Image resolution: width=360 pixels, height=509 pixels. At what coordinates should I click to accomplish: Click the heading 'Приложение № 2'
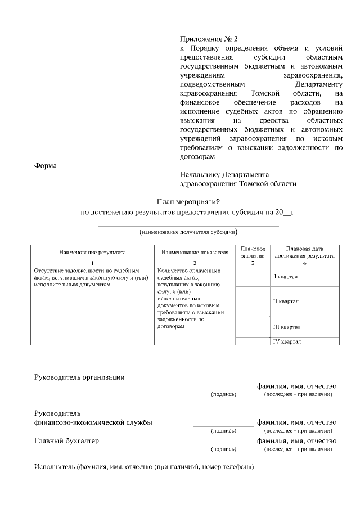point(209,39)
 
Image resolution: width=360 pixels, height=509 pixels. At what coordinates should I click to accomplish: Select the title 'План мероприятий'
point(188,201)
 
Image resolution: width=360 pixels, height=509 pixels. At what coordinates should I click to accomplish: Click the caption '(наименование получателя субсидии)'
point(188,232)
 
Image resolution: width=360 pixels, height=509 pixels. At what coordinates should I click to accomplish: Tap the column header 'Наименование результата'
point(92,253)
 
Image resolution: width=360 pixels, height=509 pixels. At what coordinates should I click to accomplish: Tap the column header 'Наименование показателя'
point(194,253)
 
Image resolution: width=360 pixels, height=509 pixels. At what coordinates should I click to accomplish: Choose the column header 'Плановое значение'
point(253,252)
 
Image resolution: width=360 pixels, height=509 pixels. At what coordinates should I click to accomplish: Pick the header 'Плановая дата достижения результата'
point(304,252)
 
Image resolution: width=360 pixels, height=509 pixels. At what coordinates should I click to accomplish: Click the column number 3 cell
point(253,263)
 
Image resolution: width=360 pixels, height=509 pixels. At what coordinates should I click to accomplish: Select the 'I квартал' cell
point(286,277)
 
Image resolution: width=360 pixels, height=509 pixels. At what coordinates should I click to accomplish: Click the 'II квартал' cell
point(286,301)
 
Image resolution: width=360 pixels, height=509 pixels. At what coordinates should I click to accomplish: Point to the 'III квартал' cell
point(287,326)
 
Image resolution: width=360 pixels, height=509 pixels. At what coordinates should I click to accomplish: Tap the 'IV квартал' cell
point(287,341)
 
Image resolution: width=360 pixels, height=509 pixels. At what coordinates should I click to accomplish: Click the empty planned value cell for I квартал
point(253,276)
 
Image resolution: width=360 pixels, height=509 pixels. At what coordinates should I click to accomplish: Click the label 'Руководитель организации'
point(79,377)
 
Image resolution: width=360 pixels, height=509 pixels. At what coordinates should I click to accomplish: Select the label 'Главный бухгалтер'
point(66,441)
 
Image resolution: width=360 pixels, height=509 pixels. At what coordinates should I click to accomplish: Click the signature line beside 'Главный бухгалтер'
point(223,445)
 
